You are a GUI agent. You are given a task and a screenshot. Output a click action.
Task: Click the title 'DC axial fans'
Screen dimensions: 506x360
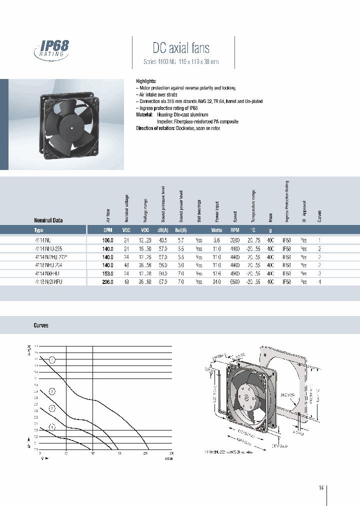180,48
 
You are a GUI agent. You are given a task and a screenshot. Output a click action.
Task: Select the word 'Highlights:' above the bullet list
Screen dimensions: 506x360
146,81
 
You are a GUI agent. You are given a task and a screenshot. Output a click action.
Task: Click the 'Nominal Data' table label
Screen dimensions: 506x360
48,220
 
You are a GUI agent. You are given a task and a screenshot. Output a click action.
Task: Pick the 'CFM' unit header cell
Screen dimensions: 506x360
107,230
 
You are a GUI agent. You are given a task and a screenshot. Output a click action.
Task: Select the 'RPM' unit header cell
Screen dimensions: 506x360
234,230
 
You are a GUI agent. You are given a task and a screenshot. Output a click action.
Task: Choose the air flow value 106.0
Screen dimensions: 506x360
107,240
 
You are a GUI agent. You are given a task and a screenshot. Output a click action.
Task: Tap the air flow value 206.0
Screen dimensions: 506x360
107,282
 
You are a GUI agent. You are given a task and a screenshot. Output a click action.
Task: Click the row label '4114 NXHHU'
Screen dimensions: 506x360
48,273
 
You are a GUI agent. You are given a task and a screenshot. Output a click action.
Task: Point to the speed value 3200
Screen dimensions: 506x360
234,240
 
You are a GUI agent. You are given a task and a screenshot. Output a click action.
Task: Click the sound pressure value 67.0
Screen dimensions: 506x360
163,282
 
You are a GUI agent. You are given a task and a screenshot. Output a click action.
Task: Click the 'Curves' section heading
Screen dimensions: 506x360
41,325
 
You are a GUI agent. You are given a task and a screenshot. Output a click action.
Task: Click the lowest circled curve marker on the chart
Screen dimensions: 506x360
52,426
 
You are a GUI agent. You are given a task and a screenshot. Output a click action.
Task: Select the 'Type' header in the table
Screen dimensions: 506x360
39,230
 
